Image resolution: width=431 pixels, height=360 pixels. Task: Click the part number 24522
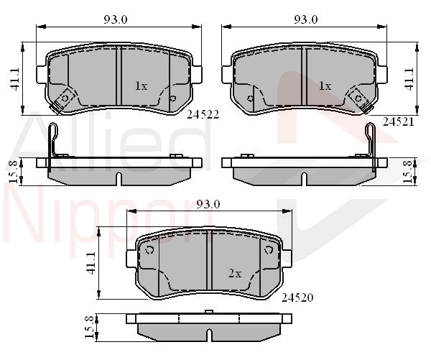coord(203,114)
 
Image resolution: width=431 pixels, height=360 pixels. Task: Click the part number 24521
coord(398,121)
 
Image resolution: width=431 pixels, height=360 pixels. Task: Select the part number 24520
coord(297,297)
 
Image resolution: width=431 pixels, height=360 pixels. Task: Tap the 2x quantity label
coord(235,273)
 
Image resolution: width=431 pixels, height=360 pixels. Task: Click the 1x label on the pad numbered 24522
coord(142,86)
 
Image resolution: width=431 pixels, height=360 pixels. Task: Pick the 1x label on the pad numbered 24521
coord(325,86)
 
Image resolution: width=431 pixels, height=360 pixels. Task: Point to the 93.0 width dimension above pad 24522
coord(116,19)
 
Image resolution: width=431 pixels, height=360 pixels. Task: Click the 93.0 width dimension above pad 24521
coord(306,19)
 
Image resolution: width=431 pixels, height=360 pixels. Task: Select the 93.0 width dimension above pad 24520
coord(208,204)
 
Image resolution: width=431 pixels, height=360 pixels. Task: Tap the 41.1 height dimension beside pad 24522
coord(14,79)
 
